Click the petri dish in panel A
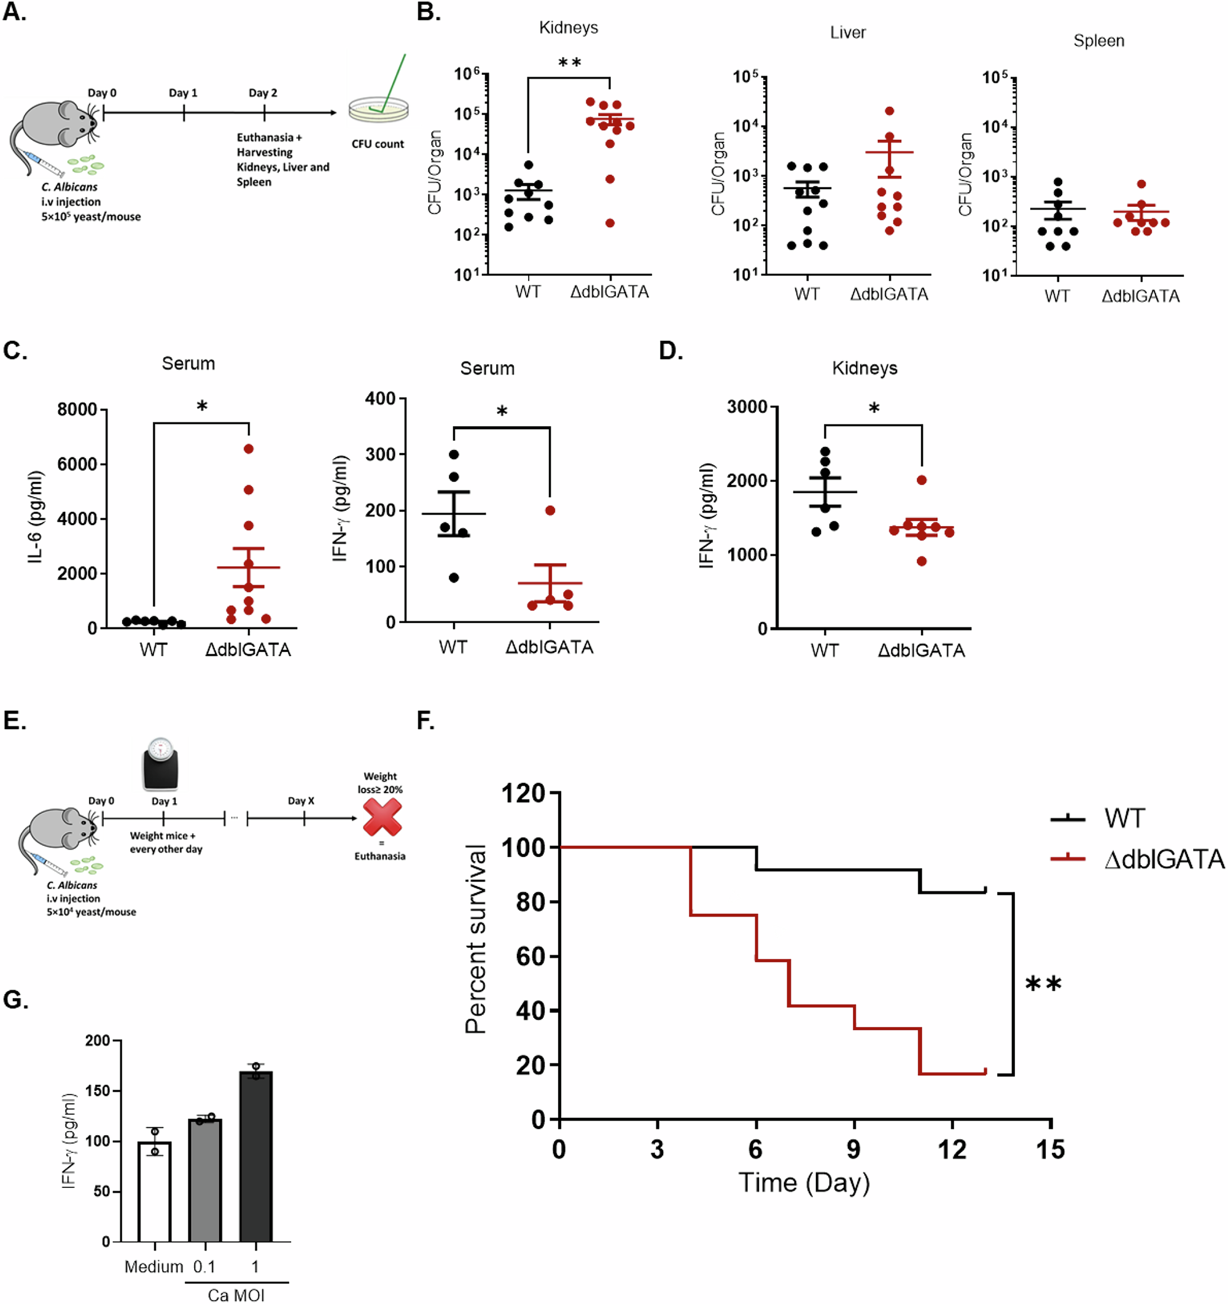[x=378, y=109]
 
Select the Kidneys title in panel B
[x=568, y=28]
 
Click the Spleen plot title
[x=1099, y=41]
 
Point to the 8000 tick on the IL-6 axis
[x=77, y=410]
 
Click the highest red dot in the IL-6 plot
[x=249, y=449]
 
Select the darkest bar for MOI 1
[x=256, y=1157]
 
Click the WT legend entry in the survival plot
[x=1124, y=818]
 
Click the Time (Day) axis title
[x=804, y=1182]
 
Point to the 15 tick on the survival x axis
[x=1050, y=1150]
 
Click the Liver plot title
[x=847, y=32]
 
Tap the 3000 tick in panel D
[x=747, y=407]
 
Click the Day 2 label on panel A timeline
[x=262, y=93]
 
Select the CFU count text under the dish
[x=378, y=144]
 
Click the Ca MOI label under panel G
[x=236, y=1295]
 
